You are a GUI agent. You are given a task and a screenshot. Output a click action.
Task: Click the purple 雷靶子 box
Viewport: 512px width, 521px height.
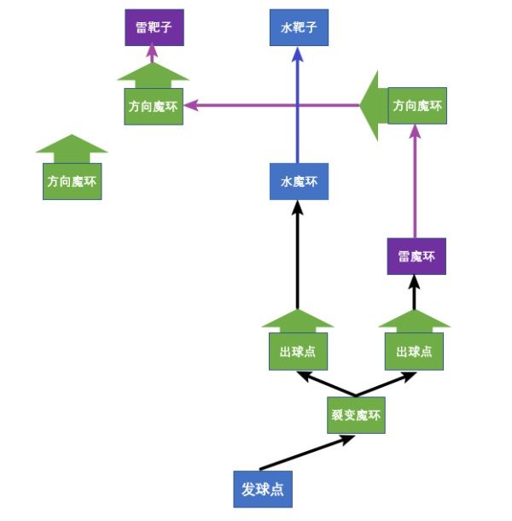[154, 28]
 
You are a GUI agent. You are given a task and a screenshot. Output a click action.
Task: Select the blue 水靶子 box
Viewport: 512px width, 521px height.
[298, 28]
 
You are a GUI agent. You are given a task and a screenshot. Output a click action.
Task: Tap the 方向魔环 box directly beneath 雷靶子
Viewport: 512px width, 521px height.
[154, 107]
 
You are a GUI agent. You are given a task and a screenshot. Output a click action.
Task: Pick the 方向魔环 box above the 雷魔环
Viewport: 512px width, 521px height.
[416, 106]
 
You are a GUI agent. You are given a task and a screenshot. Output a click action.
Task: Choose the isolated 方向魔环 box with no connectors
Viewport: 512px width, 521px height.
[73, 181]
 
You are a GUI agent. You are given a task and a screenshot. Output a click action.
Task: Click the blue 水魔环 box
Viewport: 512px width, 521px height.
[298, 182]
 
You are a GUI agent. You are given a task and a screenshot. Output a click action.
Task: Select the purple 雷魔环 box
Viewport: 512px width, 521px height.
[416, 256]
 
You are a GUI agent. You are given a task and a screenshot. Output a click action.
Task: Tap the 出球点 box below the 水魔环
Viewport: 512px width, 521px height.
[297, 351]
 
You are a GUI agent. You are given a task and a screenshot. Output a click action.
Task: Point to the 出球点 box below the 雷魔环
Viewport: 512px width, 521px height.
[414, 351]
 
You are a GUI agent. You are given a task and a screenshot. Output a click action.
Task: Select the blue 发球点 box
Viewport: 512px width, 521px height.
[262, 489]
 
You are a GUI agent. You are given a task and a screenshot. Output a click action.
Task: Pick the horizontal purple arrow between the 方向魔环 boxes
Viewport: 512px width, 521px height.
[273, 106]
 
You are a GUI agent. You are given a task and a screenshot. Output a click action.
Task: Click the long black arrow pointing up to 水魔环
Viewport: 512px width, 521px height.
[297, 256]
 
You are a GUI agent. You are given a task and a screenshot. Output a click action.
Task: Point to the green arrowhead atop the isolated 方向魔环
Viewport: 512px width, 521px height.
[73, 148]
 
